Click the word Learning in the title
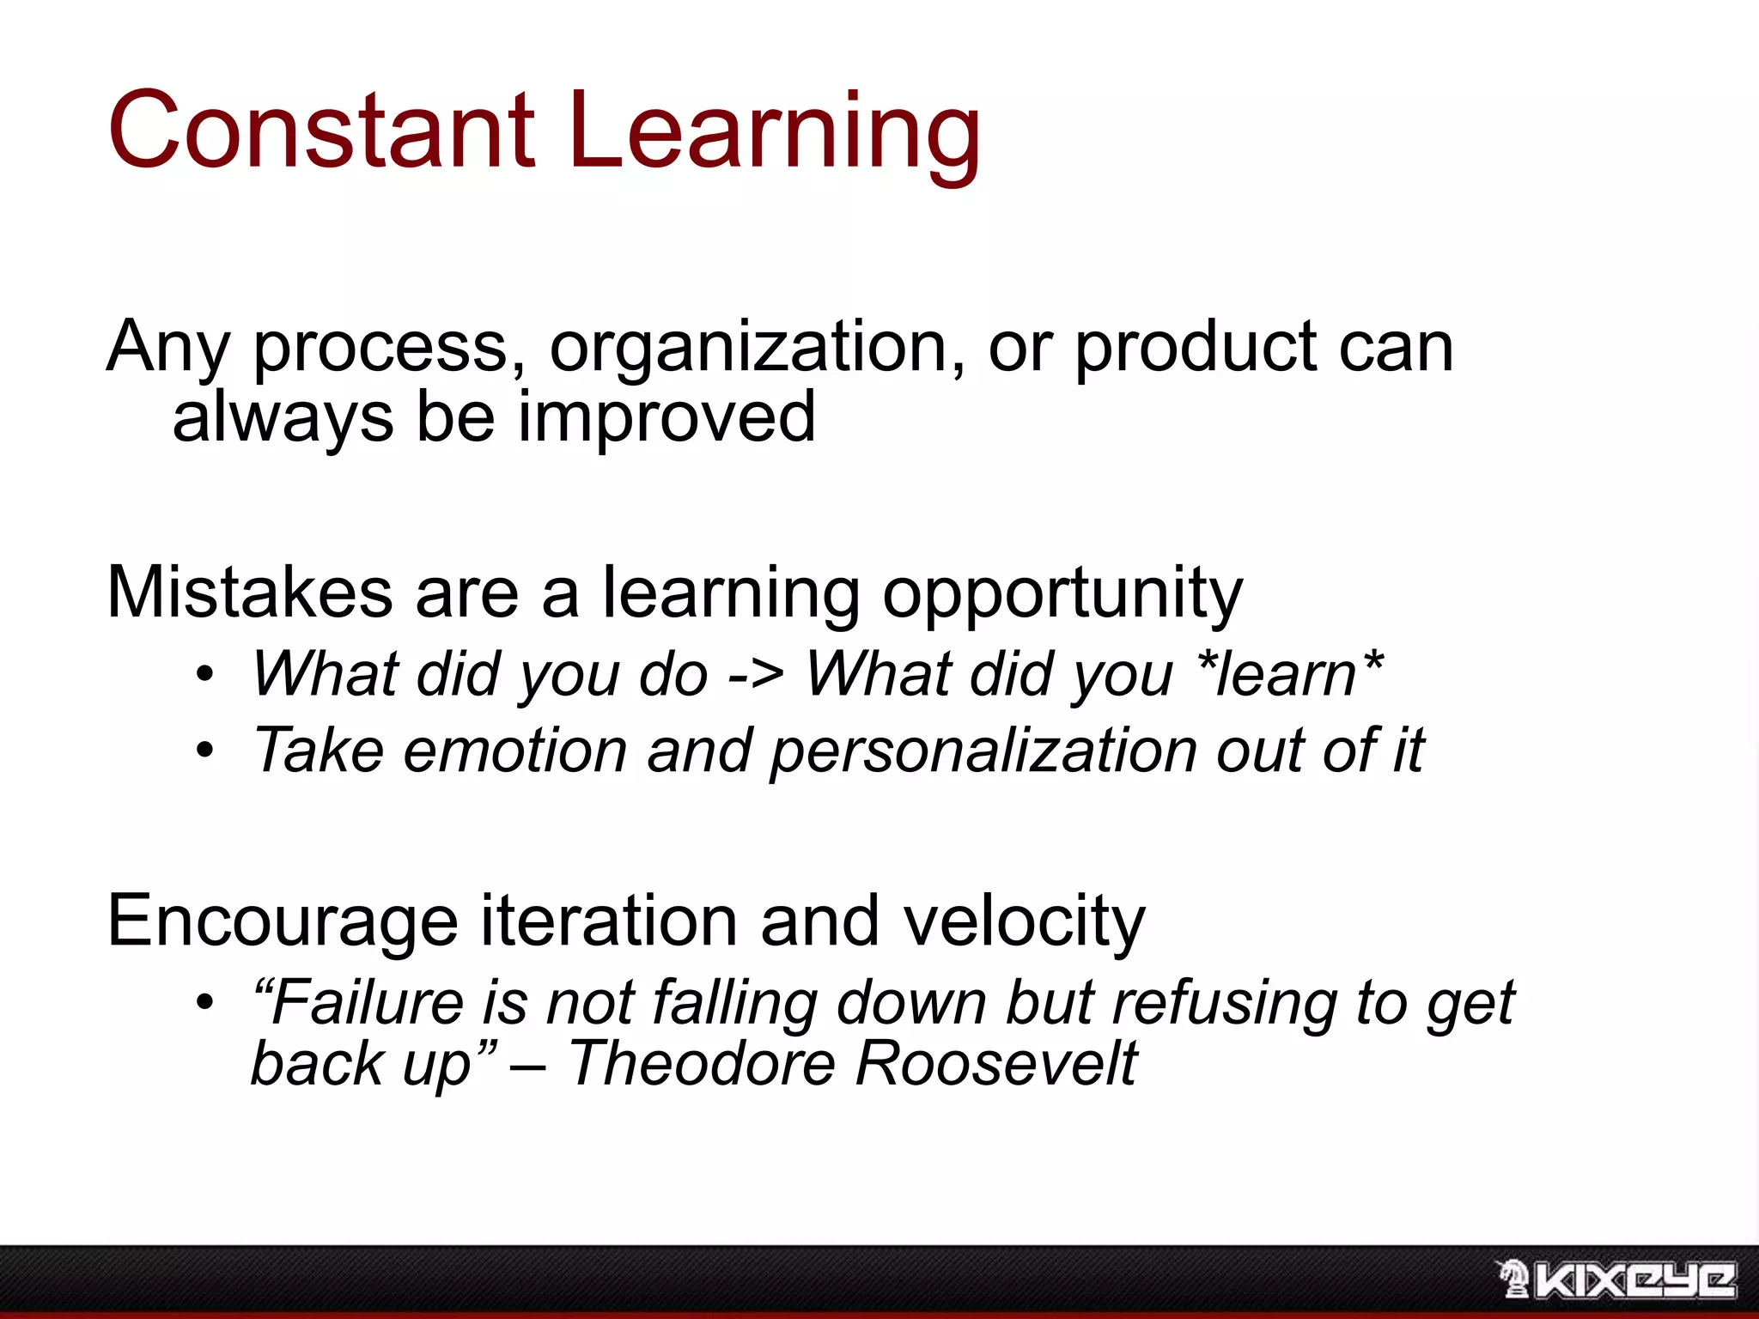773,133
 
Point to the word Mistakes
250,593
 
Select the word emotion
514,751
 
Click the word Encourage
283,921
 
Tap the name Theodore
702,1064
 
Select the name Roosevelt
995,1064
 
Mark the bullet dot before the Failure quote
204,1002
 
